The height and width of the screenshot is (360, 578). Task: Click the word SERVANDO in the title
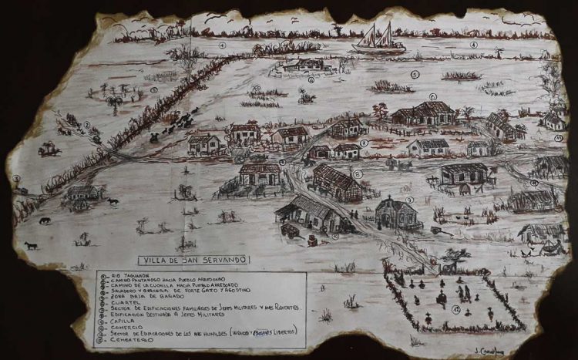pyautogui.click(x=217, y=260)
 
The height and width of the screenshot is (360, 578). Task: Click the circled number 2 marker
pyautogui.click(x=87, y=125)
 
